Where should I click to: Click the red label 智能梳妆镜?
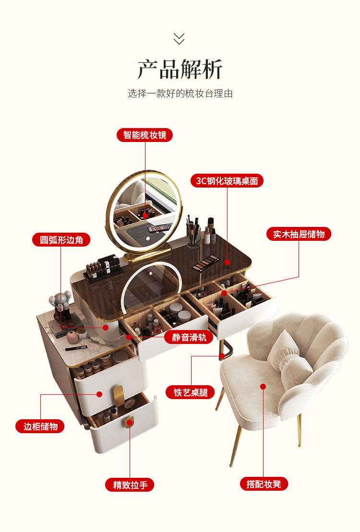144,135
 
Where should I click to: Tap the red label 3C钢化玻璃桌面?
227,180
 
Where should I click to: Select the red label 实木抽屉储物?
299,234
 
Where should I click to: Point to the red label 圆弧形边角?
61,239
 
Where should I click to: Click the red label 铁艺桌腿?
191,392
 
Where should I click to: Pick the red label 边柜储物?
40,426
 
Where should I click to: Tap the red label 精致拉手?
130,485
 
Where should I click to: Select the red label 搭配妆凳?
264,484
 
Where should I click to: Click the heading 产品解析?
180,70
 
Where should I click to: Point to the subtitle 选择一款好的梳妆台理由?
180,94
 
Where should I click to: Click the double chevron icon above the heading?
179,38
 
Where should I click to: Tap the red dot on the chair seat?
263,386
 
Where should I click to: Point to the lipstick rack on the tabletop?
100,267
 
